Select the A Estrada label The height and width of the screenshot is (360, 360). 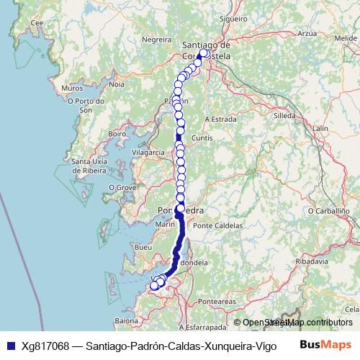click(x=221, y=119)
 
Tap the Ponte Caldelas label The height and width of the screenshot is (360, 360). click(x=218, y=225)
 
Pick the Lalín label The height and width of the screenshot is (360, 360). click(x=320, y=128)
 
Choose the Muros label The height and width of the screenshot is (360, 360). click(x=73, y=88)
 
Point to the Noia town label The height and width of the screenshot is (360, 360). click(x=117, y=84)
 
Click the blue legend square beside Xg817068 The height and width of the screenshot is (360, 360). click(x=8, y=346)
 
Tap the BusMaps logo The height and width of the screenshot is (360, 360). click(x=325, y=346)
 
